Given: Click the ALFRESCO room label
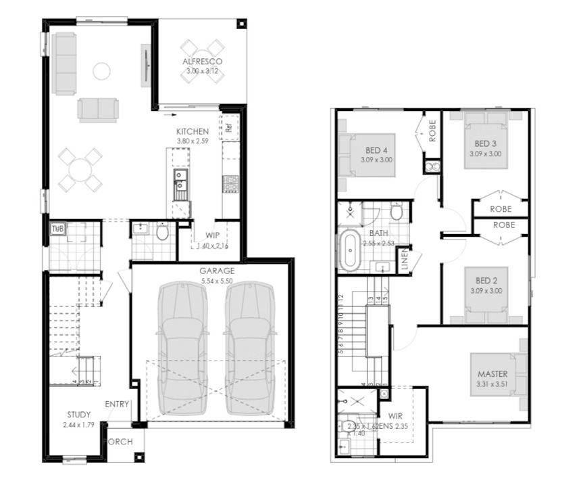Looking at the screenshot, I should click(x=202, y=62).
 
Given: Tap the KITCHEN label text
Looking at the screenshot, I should click(x=193, y=131).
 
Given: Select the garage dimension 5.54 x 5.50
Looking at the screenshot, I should click(x=216, y=280).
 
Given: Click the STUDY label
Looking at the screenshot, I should click(x=80, y=415).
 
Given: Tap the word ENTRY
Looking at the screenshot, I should click(x=117, y=404).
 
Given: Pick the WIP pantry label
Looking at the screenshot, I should click(x=212, y=236).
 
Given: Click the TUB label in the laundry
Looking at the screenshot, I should click(x=57, y=228).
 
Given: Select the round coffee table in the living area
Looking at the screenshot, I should click(x=101, y=70).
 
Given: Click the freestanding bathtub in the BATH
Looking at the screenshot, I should click(x=350, y=251).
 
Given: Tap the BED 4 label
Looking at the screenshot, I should click(x=377, y=150).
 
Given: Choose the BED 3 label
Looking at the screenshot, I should click(x=486, y=144).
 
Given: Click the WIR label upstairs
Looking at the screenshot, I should click(x=395, y=416).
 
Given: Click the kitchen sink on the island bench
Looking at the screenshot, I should click(x=180, y=179).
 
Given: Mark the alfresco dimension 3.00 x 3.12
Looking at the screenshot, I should click(x=202, y=70).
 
